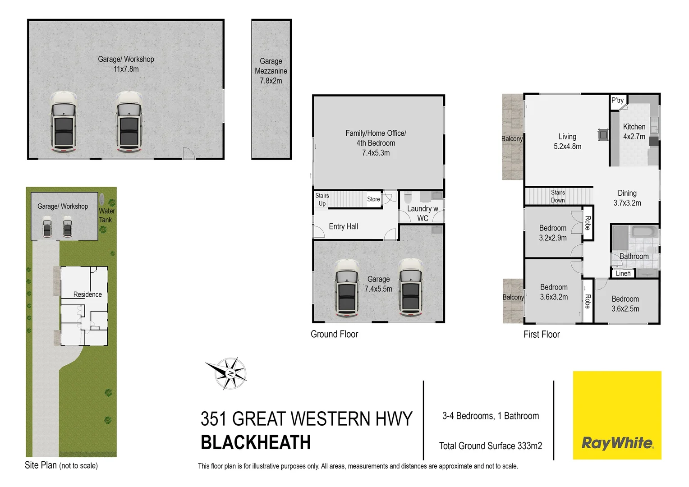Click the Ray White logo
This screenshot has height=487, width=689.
pos(617,442)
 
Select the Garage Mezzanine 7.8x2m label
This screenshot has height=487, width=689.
pos(271,71)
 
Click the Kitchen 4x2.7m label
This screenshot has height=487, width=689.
pos(634,132)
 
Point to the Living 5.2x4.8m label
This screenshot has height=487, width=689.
pos(567,141)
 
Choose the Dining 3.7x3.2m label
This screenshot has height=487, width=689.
pos(627,198)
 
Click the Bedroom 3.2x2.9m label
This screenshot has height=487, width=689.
pos(553,233)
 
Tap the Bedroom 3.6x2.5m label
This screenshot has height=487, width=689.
pos(625,303)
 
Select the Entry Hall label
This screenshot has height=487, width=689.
pos(343,226)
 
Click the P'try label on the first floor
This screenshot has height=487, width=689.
pos(617,100)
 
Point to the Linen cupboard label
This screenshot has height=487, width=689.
pos(623,273)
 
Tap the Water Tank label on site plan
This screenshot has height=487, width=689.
pos(106,215)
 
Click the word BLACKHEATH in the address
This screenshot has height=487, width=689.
pos(256,442)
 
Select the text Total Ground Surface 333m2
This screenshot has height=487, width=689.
pos(491,446)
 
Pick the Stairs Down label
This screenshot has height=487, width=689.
pos(558,196)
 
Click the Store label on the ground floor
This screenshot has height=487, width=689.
pos(373,199)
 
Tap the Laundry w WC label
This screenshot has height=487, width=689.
pos(423,213)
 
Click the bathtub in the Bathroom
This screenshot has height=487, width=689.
pos(644,233)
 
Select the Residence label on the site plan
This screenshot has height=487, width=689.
pos(87,294)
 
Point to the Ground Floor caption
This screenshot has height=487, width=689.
pos(334,334)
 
